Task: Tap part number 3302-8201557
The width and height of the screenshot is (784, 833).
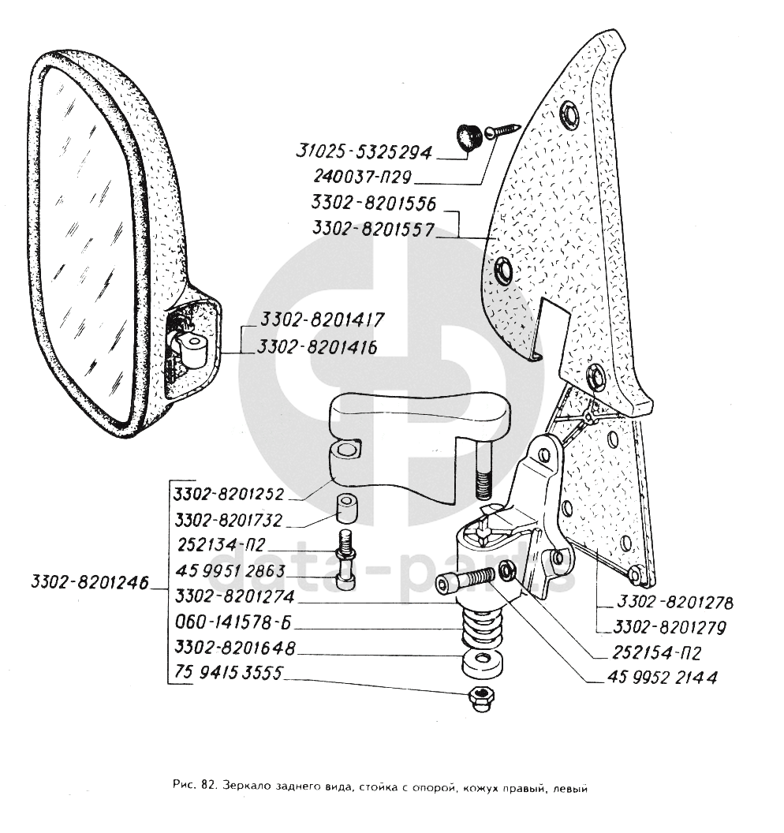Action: click(372, 229)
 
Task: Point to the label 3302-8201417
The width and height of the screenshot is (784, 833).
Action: click(314, 320)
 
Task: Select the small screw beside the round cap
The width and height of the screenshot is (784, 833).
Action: click(503, 129)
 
